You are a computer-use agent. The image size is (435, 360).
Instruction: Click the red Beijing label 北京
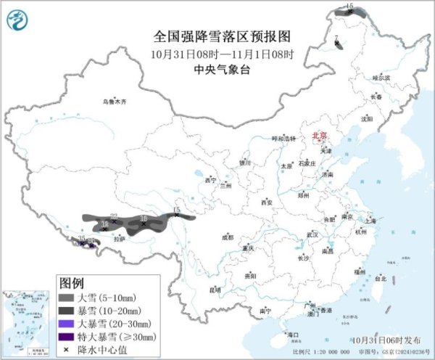tap(320, 136)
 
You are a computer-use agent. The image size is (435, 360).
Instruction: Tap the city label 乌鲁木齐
tap(115, 102)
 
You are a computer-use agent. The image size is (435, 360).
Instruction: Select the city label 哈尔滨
tap(381, 77)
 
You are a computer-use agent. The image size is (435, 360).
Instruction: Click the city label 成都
tap(228, 237)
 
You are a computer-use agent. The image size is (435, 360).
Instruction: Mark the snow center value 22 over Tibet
tap(115, 215)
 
